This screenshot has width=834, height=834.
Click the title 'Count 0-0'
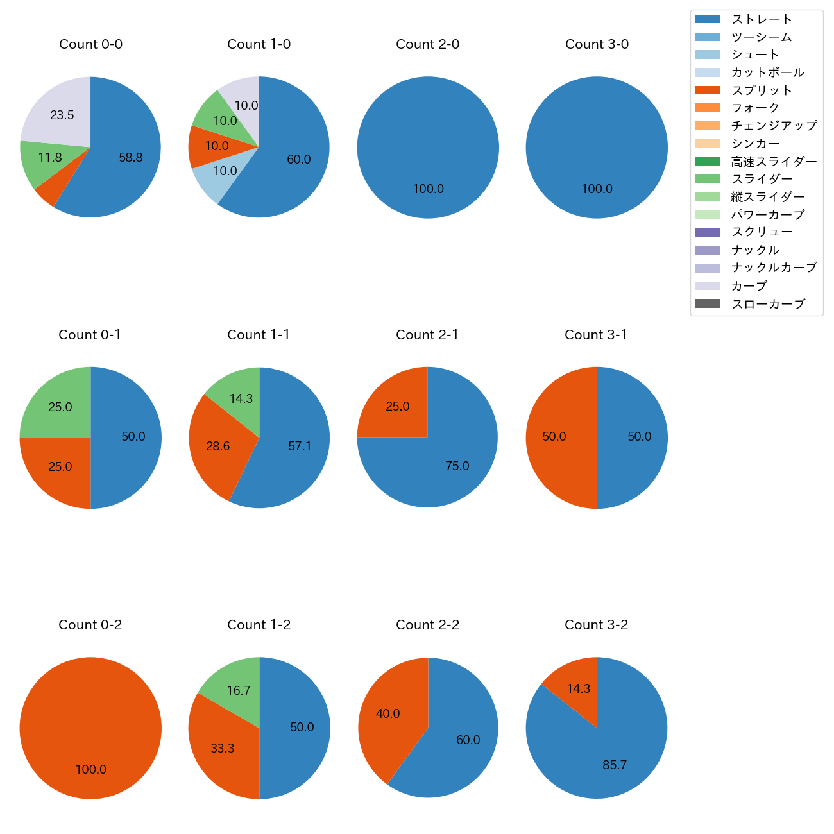pyautogui.click(x=90, y=44)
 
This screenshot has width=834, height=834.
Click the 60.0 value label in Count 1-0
pyautogui.click(x=299, y=159)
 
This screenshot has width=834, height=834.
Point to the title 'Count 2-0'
pyautogui.click(x=427, y=44)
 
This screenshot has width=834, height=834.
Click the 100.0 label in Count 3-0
pyautogui.click(x=597, y=189)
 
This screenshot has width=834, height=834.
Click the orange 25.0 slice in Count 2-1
pyautogui.click(x=396, y=405)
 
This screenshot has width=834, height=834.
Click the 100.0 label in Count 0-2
pyautogui.click(x=90, y=769)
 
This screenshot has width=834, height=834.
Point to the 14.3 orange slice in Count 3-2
pyautogui.click(x=578, y=688)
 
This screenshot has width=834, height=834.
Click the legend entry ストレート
pyautogui.click(x=762, y=19)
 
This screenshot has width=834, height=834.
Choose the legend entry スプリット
pyautogui.click(x=762, y=90)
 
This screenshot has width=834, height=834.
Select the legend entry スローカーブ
pyautogui.click(x=768, y=304)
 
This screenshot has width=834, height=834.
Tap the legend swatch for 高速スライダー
pyautogui.click(x=708, y=162)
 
